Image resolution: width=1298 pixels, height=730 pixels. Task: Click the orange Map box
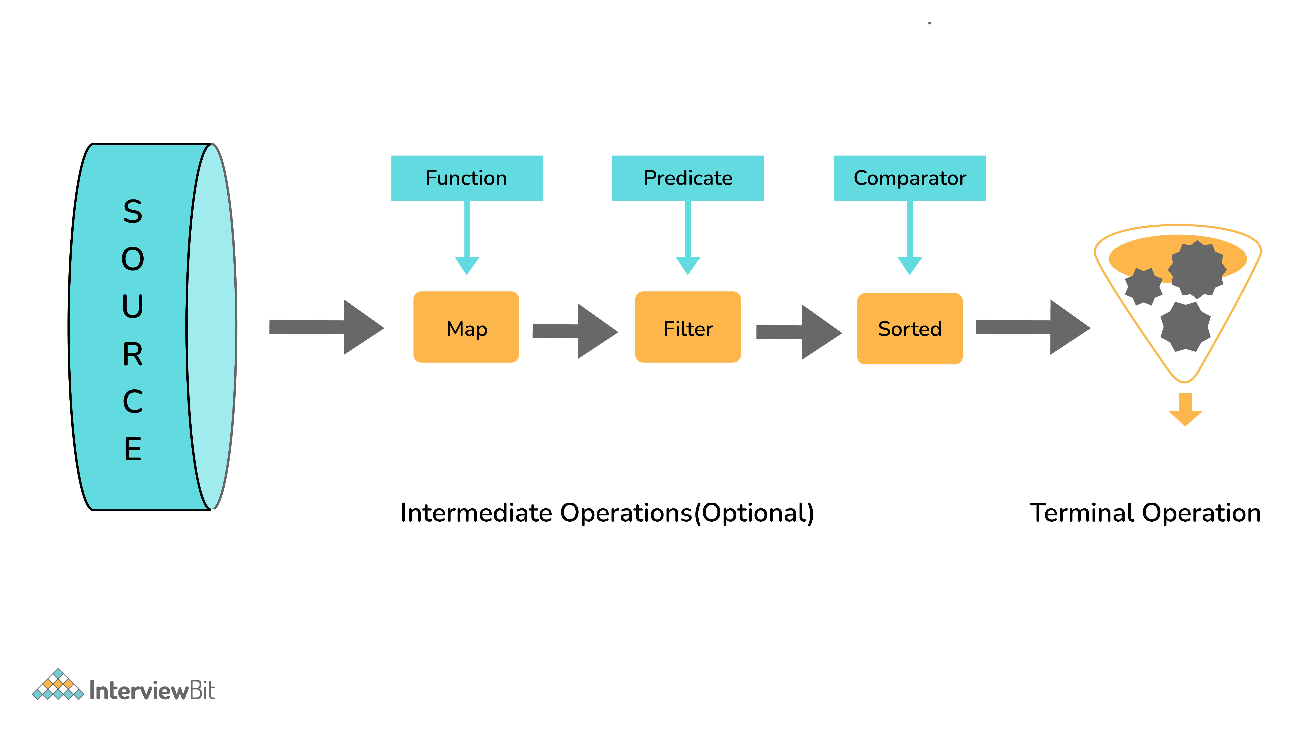pos(466,327)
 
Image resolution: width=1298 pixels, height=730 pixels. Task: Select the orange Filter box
pos(688,327)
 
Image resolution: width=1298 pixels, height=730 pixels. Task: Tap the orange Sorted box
pos(909,328)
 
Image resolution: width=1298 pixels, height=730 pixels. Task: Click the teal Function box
pos(467,178)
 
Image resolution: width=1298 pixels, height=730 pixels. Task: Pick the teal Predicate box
pos(688,178)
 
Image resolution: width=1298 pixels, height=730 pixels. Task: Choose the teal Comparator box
pos(909,178)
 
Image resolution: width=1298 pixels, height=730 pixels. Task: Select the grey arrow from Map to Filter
pos(575,331)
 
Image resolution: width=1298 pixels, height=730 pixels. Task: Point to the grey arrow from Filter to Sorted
pos(799,332)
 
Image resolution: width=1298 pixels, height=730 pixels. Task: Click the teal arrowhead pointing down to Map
pos(467,265)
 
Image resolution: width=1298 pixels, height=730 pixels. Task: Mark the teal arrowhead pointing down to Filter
pos(688,265)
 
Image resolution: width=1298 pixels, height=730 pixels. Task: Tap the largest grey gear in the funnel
pos(1197,270)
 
